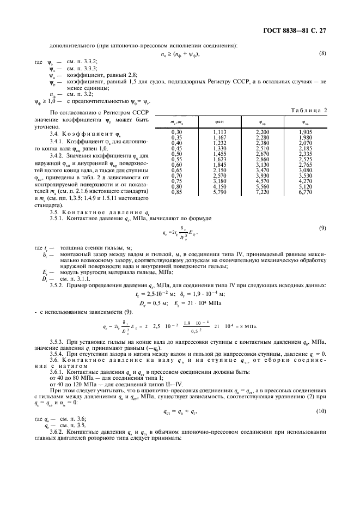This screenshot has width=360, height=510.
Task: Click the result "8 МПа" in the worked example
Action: [247, 327]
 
